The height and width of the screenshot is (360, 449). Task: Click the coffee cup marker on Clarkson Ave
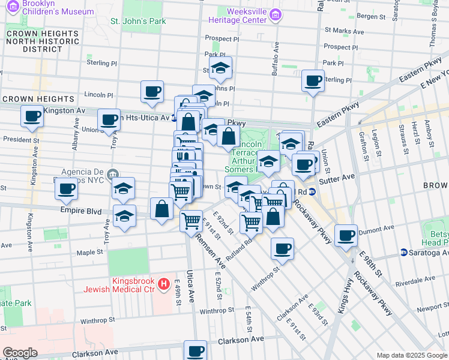click(194, 350)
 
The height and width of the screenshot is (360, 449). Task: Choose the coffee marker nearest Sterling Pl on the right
click(313, 80)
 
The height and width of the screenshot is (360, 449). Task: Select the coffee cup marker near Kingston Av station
click(32, 115)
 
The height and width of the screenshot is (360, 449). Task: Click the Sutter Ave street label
click(341, 177)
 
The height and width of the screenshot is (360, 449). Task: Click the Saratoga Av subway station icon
click(404, 253)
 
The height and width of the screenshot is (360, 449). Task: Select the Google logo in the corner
click(20, 352)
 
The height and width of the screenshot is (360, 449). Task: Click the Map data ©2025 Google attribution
click(411, 355)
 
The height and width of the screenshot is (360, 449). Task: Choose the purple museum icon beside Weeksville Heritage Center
click(275, 15)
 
